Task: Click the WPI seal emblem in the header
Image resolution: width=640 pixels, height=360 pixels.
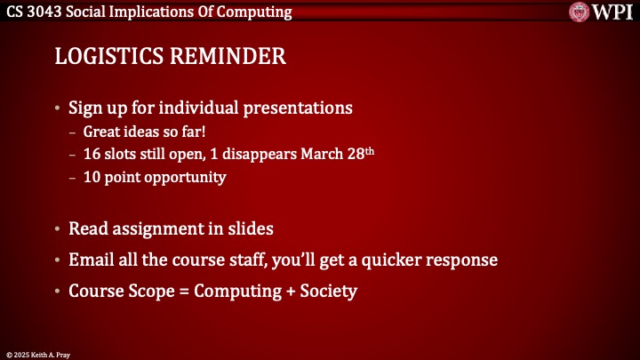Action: pos(580,12)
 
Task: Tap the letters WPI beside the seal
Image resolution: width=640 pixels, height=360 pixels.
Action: pos(612,12)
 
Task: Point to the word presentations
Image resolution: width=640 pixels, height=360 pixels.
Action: pos(300,108)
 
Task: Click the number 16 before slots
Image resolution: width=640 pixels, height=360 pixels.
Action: pos(92,154)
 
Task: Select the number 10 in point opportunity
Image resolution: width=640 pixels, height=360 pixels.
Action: pos(92,177)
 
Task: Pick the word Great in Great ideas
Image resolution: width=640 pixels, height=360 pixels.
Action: pos(102,132)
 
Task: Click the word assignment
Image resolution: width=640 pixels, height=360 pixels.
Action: pos(154,228)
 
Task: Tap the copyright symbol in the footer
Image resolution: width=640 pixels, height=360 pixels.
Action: pos(7,353)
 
